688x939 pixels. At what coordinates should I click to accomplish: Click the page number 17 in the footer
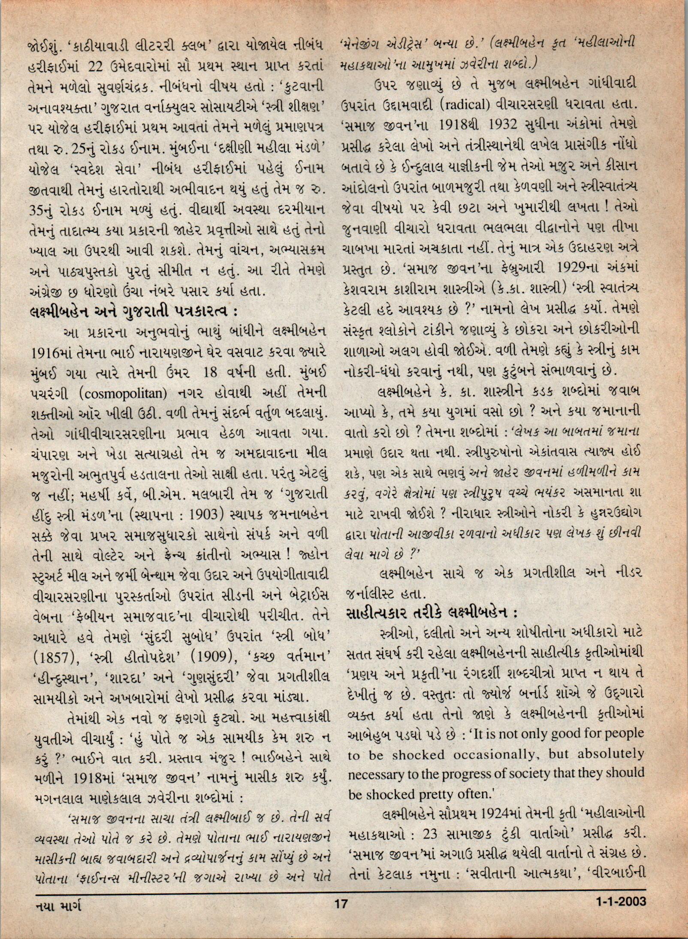click(x=341, y=915)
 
